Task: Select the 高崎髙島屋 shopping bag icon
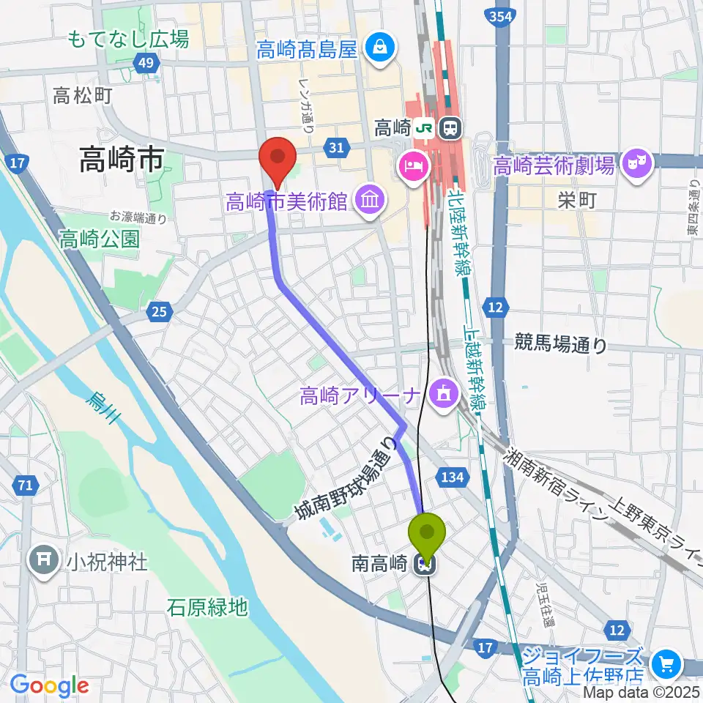[x=381, y=48]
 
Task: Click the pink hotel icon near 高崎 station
[x=410, y=165]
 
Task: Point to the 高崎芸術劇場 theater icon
[x=637, y=164]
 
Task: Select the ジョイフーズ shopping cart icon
[x=666, y=664]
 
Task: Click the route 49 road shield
[x=146, y=64]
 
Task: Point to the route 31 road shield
[x=336, y=149]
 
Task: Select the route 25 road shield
[x=159, y=313]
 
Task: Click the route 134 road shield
[x=452, y=477]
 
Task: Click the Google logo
[x=49, y=685]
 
